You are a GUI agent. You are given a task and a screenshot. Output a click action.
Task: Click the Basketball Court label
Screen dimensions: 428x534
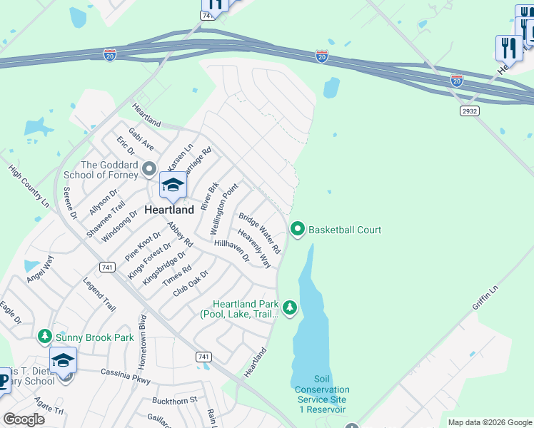[x=344, y=230]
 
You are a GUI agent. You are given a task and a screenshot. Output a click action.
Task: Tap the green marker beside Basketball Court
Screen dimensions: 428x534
[x=298, y=229]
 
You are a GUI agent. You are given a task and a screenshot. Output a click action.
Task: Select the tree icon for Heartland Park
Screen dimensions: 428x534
[x=289, y=307]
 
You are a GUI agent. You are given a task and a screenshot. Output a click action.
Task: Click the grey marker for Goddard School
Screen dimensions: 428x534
[x=149, y=169]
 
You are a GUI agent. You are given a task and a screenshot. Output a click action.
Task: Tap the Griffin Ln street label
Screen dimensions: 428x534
[x=483, y=302]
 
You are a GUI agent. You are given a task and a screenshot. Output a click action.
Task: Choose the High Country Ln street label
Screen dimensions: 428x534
[x=29, y=186]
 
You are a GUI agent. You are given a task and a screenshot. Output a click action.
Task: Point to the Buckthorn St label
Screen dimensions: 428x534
[x=175, y=401]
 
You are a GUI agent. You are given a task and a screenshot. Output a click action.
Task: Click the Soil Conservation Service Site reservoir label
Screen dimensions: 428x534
[x=321, y=394]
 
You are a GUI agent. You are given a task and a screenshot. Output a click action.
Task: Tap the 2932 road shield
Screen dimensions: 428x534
[x=470, y=111]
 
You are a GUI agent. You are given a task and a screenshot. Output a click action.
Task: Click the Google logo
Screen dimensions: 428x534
[x=24, y=419]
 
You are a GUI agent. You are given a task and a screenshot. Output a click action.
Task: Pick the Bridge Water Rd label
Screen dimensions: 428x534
[x=260, y=233]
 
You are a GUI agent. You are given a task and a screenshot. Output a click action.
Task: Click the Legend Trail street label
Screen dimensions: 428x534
[x=99, y=295]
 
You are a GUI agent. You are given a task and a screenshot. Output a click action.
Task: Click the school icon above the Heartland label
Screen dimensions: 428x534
[x=172, y=186]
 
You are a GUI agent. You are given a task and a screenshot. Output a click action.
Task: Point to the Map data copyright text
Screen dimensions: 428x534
[x=489, y=422]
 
